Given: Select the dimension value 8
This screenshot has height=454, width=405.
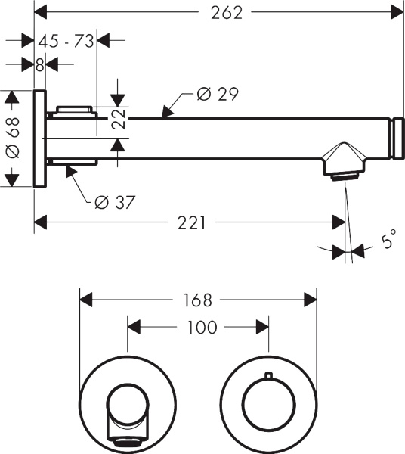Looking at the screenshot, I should pos(39,64).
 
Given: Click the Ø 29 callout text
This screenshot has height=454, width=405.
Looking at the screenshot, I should pos(217,94).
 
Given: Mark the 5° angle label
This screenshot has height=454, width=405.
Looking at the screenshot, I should pos(388,243).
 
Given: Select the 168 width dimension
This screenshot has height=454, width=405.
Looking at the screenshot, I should pos(197,300).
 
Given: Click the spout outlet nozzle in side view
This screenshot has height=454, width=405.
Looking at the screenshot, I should pos(343,176).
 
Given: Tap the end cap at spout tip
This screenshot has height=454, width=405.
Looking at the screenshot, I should pos(395,138).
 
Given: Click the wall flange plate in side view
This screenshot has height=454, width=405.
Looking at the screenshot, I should pos(40,139).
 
